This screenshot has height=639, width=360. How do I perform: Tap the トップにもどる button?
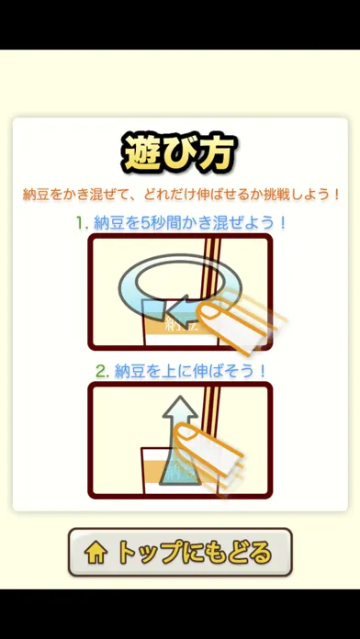(180, 552)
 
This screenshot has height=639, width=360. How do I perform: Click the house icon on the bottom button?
(96, 553)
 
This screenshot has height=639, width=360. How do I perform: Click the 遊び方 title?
(180, 153)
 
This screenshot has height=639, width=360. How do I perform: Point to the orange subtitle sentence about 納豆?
(181, 195)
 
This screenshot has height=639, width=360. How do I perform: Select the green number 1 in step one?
(81, 223)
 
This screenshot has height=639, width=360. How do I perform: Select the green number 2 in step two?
(100, 371)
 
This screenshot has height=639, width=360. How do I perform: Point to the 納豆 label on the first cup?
(179, 325)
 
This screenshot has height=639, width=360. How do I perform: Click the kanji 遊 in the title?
(141, 153)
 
